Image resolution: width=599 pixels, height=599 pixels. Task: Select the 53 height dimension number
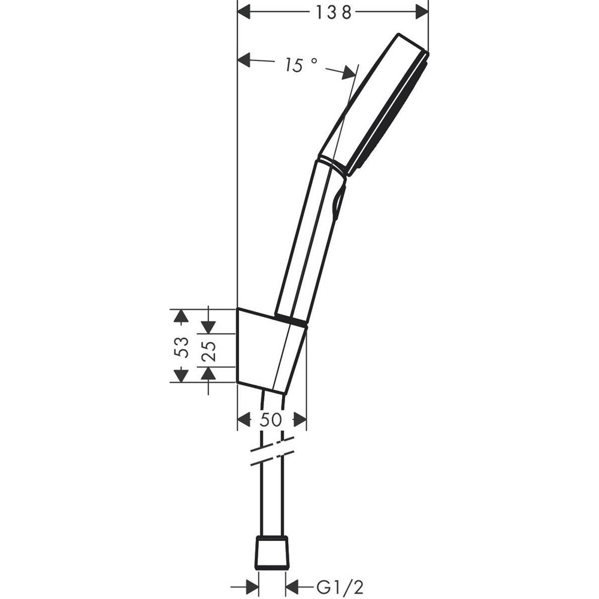[x=182, y=347]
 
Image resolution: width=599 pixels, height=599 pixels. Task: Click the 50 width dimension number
[x=271, y=420]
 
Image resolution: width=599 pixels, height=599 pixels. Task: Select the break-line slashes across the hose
[x=273, y=450]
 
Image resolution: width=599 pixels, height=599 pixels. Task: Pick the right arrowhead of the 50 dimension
[x=300, y=420]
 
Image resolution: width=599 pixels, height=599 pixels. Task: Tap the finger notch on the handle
[x=339, y=201]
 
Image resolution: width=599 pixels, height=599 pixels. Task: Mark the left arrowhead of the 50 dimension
[x=244, y=420]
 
